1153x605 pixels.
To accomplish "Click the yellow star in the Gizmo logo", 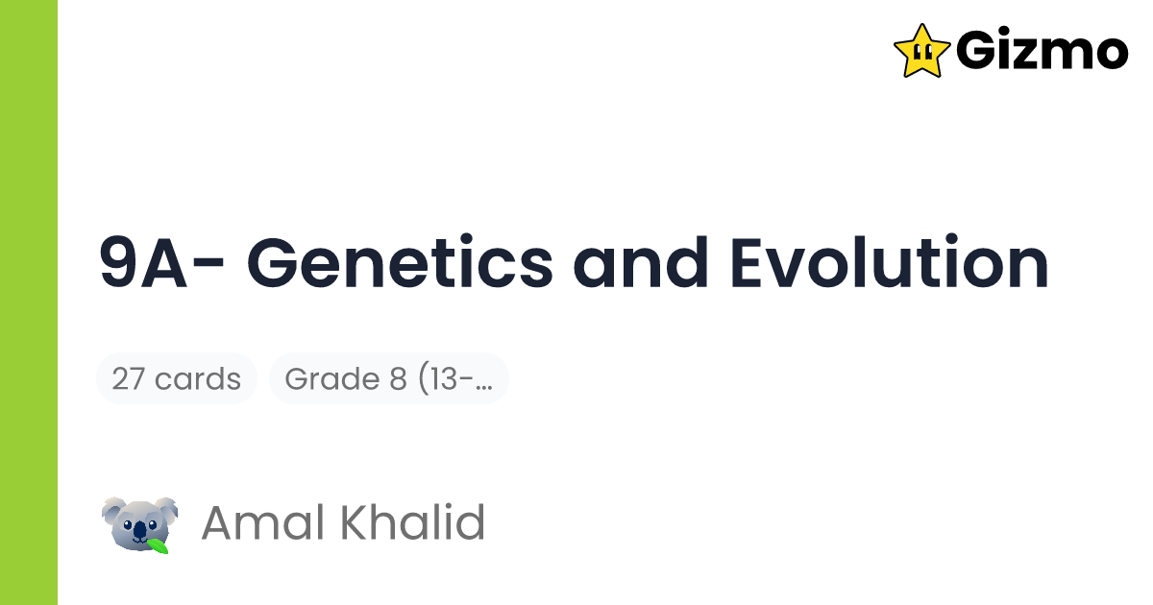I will tap(921, 50).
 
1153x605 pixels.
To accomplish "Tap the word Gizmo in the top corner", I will tap(1042, 51).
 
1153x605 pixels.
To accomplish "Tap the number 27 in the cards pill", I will tap(129, 378).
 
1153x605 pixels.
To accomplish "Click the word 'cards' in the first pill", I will tap(198, 378).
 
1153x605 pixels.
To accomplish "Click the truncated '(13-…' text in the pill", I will tap(455, 378).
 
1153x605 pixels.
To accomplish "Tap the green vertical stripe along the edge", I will tap(29, 302).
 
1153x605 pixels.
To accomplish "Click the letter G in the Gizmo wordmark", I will tap(976, 51).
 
